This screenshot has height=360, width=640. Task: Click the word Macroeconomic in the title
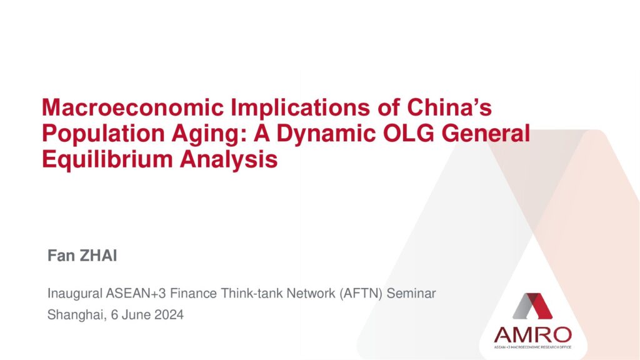pyautogui.click(x=132, y=107)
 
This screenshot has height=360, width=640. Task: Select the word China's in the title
pyautogui.click(x=449, y=107)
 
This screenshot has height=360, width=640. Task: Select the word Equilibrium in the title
pyautogui.click(x=107, y=159)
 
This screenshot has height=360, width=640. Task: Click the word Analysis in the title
pyautogui.click(x=229, y=159)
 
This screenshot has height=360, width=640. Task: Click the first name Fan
pyautogui.click(x=61, y=256)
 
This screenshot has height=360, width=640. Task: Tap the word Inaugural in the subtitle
pyautogui.click(x=75, y=294)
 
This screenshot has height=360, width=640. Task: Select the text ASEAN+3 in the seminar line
pyautogui.click(x=136, y=294)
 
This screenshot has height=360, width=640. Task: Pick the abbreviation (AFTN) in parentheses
pyautogui.click(x=361, y=294)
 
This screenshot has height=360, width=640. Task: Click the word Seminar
pyautogui.click(x=411, y=294)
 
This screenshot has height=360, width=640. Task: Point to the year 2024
pyautogui.click(x=169, y=315)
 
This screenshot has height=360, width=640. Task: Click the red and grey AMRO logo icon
pyautogui.click(x=532, y=306)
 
